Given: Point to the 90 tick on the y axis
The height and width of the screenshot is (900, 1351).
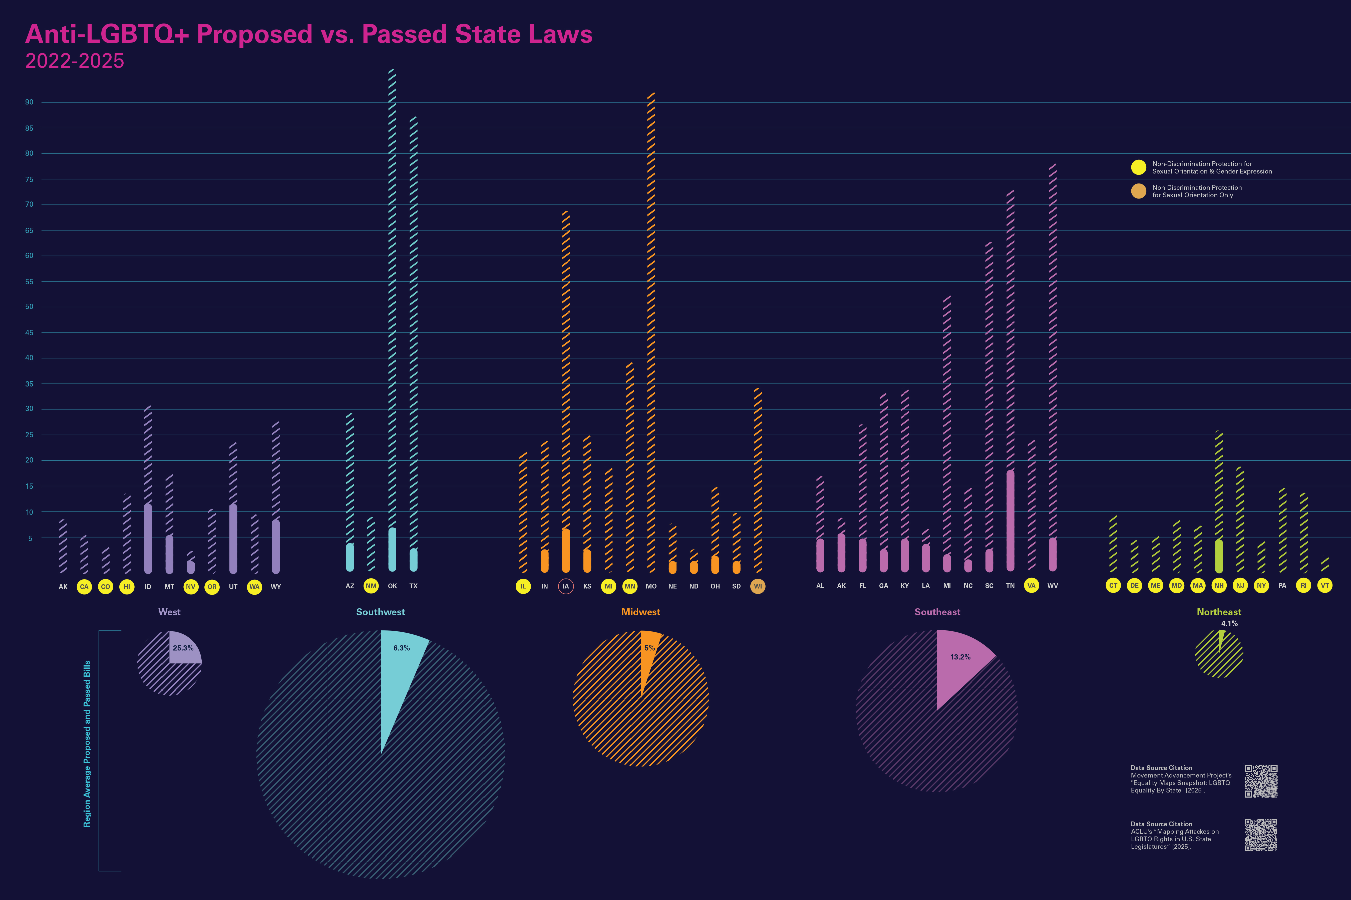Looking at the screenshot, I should pyautogui.click(x=29, y=102).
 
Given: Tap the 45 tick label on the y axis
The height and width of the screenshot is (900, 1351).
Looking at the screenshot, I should pyautogui.click(x=29, y=332).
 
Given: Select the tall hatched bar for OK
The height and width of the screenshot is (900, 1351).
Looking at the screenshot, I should pyautogui.click(x=392, y=287).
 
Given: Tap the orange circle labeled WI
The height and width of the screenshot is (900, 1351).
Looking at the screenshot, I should pyautogui.click(x=758, y=586).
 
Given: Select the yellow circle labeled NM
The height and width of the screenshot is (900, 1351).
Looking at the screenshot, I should pyautogui.click(x=371, y=586).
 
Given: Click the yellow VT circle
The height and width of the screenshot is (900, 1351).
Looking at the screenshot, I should pyautogui.click(x=1324, y=585).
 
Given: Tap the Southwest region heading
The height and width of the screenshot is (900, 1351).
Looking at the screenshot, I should pyautogui.click(x=380, y=612).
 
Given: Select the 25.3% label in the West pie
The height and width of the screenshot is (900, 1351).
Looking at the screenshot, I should pyautogui.click(x=183, y=648).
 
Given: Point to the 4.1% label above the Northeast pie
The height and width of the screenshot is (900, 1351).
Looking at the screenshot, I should pyautogui.click(x=1229, y=623).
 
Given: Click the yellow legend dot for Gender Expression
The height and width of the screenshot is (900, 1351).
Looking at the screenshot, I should pyautogui.click(x=1139, y=167).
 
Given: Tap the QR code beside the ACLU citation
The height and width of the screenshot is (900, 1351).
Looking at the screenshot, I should pyautogui.click(x=1261, y=834).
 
